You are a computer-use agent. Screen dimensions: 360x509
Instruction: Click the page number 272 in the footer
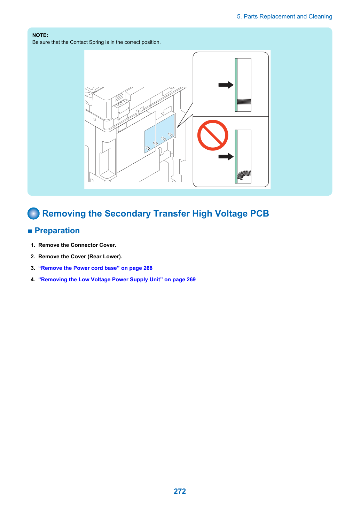pos(180,491)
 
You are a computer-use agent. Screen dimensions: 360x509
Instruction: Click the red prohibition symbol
pos(212,135)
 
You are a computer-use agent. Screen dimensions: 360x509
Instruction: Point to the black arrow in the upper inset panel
pos(226,85)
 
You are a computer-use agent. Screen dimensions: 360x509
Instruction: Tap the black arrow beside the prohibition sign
pos(226,157)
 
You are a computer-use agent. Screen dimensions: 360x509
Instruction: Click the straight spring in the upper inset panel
pos(244,101)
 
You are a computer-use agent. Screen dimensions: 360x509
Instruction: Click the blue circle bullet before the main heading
pos(33,213)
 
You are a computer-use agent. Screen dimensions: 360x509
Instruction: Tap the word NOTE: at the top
pos(40,35)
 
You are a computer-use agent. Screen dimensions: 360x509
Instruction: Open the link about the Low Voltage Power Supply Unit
pos(117,280)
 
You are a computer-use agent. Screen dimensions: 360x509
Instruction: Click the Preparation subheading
pos(57,230)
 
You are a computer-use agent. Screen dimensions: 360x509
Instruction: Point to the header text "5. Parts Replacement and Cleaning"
pos(284,17)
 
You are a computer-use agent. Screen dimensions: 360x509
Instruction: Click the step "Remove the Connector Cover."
pos(77,245)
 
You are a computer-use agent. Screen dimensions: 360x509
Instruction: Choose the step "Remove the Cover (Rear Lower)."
pos(80,257)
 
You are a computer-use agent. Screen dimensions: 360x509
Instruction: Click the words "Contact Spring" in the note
pos(87,42)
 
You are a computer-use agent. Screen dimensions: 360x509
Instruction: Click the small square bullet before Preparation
pos(30,232)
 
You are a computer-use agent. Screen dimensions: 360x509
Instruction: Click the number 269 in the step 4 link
pos(191,280)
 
